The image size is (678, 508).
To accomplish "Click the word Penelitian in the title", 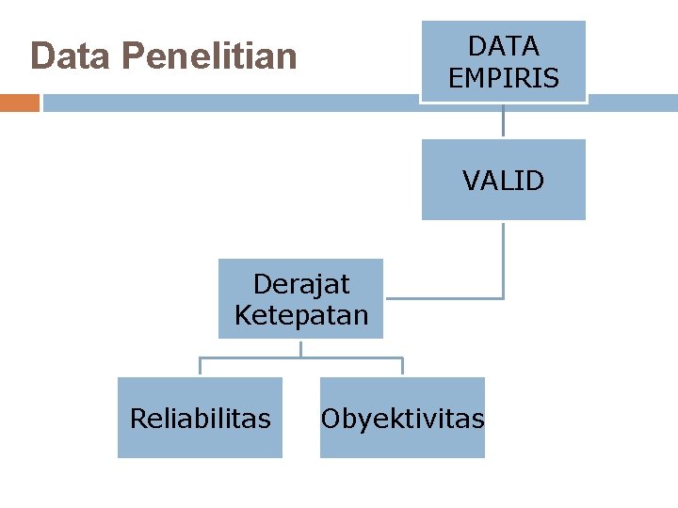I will [209, 57].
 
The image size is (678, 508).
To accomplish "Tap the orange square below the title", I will [19, 103].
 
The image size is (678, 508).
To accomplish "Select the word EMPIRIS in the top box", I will [504, 78].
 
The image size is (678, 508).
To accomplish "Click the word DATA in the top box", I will [504, 46].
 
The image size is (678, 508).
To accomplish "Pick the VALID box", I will [503, 180].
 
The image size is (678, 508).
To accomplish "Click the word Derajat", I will [301, 283].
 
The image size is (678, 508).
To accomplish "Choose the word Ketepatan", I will [301, 314].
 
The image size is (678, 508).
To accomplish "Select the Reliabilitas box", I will [200, 418].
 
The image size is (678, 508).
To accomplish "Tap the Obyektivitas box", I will [402, 418].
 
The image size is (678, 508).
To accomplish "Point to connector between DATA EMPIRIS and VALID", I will [503, 120].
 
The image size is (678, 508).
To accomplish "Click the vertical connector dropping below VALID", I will [503, 259].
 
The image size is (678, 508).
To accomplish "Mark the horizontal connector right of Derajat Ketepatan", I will [443, 298].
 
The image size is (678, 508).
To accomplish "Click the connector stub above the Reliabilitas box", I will [200, 367].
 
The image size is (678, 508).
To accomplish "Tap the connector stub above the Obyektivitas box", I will [402, 367].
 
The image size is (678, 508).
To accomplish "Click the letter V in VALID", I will [470, 181].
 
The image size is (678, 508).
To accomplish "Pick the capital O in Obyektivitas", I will [331, 419].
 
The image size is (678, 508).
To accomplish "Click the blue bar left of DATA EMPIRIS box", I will [231, 103].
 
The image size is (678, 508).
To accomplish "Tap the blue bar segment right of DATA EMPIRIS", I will [632, 103].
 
